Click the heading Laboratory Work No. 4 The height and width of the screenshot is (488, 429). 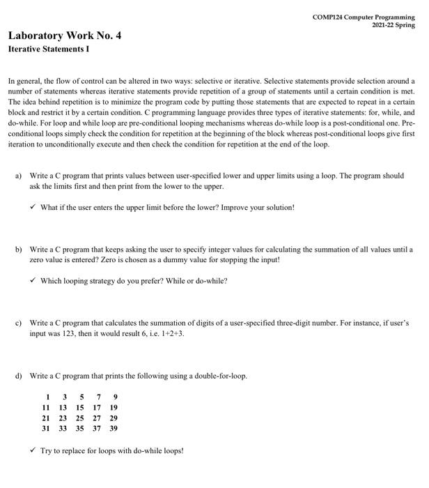point(65,36)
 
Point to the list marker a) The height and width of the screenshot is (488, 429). point(19,176)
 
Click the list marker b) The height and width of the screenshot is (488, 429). point(19,249)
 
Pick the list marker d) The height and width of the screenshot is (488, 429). point(19,376)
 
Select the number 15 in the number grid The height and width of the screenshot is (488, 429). point(79,407)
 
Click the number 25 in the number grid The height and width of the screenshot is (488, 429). point(79,418)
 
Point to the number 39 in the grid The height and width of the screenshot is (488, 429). point(113,428)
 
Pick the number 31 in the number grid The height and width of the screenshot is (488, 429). point(46,428)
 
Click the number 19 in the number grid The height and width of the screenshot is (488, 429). point(113,407)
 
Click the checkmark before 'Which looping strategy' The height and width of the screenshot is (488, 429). point(33,281)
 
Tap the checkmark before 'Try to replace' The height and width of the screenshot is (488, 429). point(33,450)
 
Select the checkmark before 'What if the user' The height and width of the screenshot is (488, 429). point(33,208)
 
